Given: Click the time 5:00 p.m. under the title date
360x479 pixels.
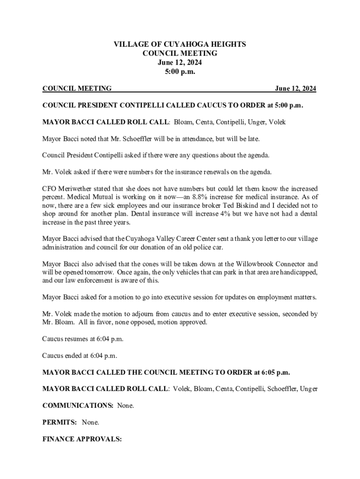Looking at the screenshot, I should click(x=180, y=71).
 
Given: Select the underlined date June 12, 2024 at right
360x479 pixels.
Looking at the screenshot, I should click(x=295, y=89).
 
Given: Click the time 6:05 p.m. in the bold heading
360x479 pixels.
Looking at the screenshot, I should click(x=273, y=372).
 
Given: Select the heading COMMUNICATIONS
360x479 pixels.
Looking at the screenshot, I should click(x=77, y=406).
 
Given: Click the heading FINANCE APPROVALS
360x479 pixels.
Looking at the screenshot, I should click(x=82, y=439).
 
